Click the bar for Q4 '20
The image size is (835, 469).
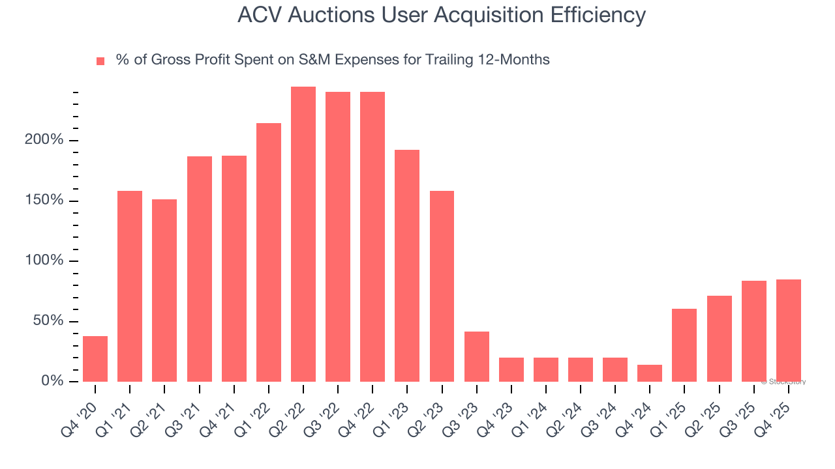point(95,359)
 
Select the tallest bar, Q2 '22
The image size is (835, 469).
point(303,234)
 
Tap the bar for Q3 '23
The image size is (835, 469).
point(477,356)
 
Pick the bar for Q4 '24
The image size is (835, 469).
point(650,373)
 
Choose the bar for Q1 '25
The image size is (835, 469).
point(684,345)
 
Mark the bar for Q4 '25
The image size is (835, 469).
point(788,330)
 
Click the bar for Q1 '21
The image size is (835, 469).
point(130,286)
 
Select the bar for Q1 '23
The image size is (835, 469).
point(407,266)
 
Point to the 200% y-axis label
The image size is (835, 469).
point(44,141)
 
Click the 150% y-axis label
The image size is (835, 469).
point(44,201)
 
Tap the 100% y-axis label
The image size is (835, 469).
point(44,261)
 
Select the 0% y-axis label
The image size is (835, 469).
point(52,381)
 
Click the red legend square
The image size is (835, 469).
point(100,61)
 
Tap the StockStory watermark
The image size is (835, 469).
point(783,382)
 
